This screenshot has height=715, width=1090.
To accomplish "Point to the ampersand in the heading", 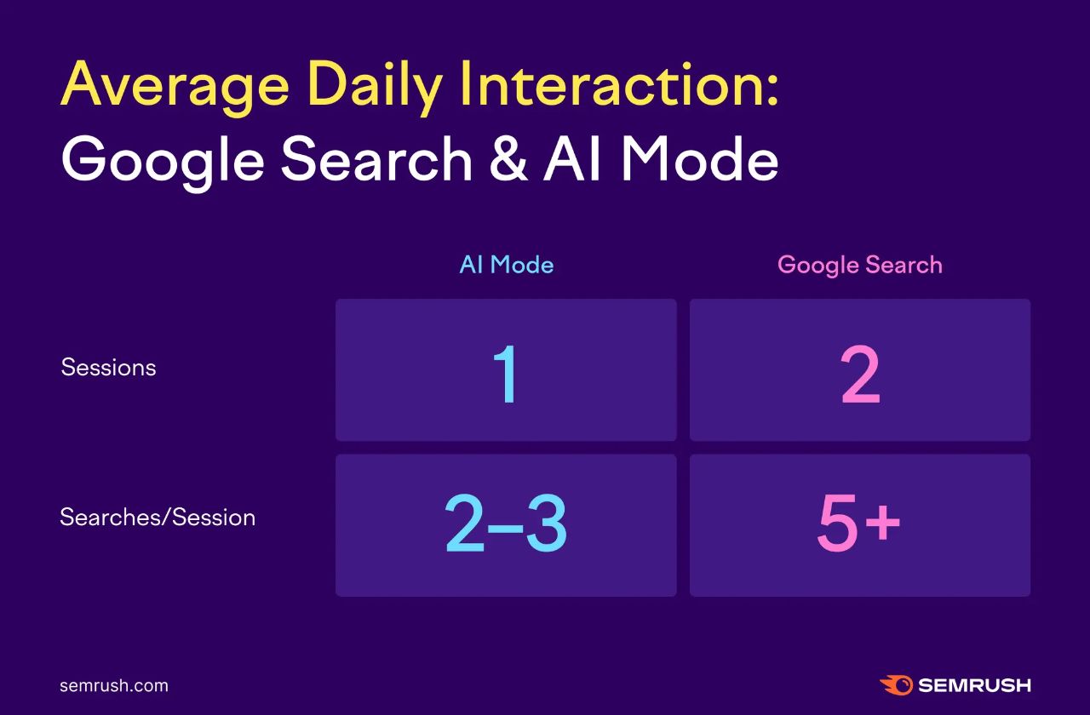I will pyautogui.click(x=508, y=160).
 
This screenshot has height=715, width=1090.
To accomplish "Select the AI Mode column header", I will pyautogui.click(x=506, y=265).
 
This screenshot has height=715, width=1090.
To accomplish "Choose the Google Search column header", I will pyautogui.click(x=859, y=265).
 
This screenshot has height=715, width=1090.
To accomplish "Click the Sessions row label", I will pyautogui.click(x=108, y=368).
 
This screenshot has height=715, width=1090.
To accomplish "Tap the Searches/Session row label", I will pyautogui.click(x=158, y=518).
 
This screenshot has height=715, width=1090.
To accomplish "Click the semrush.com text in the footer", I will pyautogui.click(x=114, y=686).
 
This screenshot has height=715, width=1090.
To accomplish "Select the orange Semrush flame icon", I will pyautogui.click(x=896, y=685).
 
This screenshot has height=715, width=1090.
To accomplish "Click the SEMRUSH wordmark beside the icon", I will pyautogui.click(x=974, y=685).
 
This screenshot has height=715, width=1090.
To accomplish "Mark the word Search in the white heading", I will pyautogui.click(x=376, y=160).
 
